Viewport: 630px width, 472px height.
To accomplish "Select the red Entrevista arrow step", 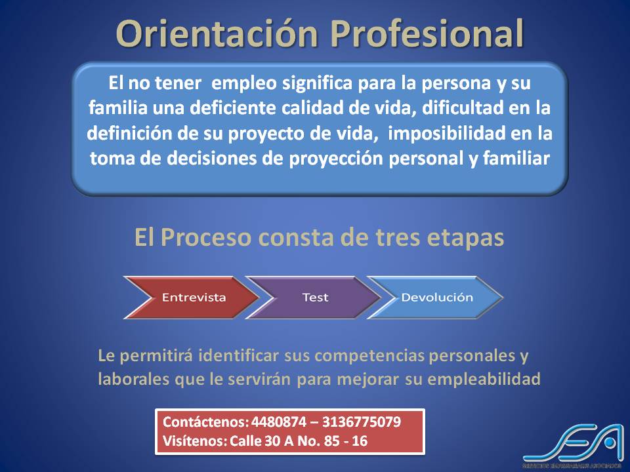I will tap(193, 297).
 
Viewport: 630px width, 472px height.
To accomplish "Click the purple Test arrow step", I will tap(315, 297).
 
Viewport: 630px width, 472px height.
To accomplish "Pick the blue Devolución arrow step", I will tap(436, 297).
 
